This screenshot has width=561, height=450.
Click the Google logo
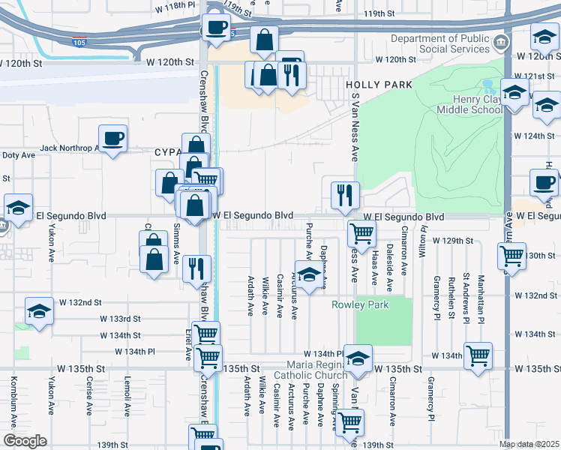coord(25,441)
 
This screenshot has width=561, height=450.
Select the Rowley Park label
coord(361,304)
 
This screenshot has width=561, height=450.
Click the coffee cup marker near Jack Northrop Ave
coord(112,138)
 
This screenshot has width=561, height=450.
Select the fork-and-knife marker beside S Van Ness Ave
coord(345,194)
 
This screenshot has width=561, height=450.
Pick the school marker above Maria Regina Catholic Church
coord(358,358)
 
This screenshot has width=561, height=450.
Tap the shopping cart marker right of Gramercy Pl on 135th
coord(478,355)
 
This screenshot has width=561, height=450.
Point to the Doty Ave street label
coord(19,155)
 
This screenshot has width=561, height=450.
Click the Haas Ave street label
coord(373,267)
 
